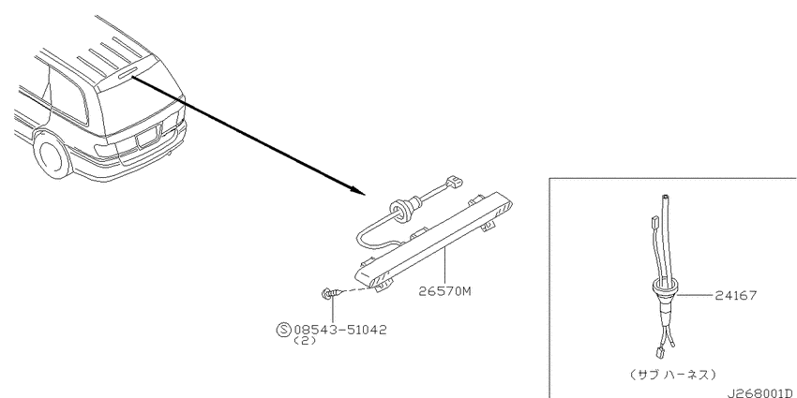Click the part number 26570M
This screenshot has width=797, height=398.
point(445,291)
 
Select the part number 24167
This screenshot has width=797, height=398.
point(735,295)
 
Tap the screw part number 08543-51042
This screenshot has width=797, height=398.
point(339,330)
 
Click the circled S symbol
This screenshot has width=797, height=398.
point(283,330)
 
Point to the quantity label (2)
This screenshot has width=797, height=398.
point(305,341)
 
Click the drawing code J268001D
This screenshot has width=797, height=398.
point(760,393)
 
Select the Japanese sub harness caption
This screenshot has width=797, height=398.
point(673,375)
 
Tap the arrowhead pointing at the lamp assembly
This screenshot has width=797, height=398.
point(358,191)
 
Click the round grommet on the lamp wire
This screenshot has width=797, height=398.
point(400,210)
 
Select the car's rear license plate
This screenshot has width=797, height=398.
point(147,137)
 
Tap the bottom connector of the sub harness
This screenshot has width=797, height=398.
point(656,351)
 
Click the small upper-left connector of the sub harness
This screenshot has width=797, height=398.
point(654,221)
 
